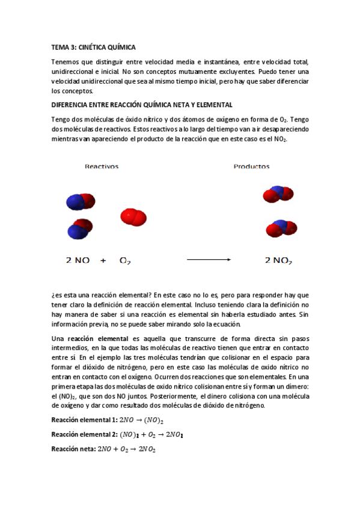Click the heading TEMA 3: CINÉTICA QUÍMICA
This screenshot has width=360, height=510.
click(x=94, y=46)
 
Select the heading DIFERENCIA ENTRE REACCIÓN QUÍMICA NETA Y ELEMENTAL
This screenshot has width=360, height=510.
click(x=142, y=104)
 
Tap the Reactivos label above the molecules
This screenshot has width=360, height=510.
click(x=102, y=167)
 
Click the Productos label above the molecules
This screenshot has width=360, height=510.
click(x=251, y=167)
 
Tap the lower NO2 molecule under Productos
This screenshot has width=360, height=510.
click(x=281, y=228)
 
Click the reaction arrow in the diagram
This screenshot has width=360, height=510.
click(x=209, y=260)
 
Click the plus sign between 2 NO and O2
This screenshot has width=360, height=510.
click(x=103, y=260)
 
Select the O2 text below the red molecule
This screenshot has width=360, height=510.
click(x=125, y=261)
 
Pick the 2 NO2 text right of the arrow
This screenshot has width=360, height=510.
click(x=278, y=260)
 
